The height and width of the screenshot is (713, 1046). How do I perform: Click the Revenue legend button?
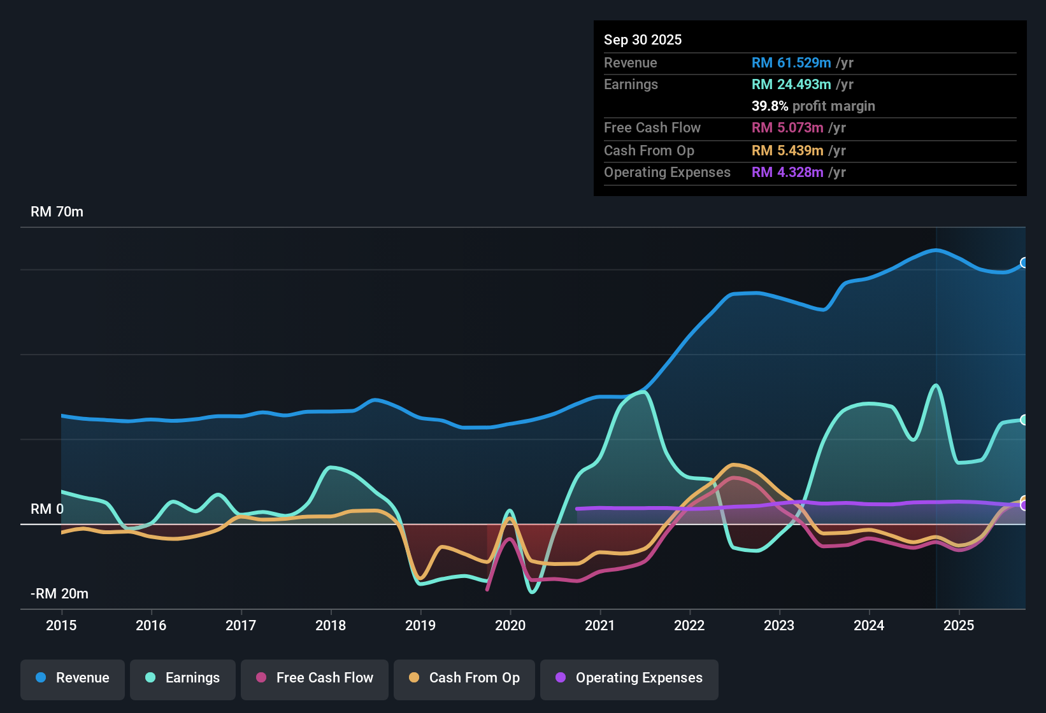[x=73, y=678]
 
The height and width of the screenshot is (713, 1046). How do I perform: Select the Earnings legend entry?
[x=183, y=678]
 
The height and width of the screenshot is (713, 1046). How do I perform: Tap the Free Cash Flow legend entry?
[x=315, y=678]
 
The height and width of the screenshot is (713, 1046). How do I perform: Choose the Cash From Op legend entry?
[x=464, y=678]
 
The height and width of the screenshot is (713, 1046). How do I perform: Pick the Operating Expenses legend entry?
[x=629, y=678]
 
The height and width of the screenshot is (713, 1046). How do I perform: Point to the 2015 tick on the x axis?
[x=61, y=625]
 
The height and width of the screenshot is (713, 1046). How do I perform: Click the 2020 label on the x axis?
[x=510, y=625]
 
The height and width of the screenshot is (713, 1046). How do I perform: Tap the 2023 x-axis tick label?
[x=779, y=625]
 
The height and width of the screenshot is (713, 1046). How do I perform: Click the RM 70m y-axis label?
[x=57, y=212]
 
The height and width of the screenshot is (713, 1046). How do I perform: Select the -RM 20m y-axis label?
[x=59, y=594]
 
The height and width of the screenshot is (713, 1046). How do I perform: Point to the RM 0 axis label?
[x=47, y=509]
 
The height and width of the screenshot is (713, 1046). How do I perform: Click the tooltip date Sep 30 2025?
[x=643, y=40]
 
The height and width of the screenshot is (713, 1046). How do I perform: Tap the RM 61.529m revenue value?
[x=791, y=63]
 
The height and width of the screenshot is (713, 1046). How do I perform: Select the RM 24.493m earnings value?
[x=791, y=85]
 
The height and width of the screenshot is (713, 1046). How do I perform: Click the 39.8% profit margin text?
[x=813, y=106]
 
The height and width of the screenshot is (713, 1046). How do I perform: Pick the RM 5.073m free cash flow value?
[x=787, y=128]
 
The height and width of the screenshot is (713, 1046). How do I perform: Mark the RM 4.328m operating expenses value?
[x=787, y=173]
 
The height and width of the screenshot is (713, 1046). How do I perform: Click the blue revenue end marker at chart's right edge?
[x=1024, y=263]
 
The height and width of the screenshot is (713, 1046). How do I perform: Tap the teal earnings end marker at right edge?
[x=1024, y=420]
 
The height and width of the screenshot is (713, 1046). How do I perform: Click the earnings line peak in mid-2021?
[x=645, y=392]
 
